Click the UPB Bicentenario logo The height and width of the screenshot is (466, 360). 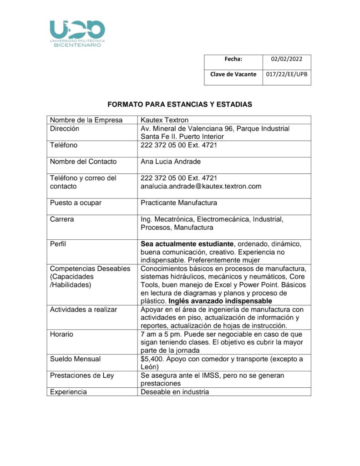pos(77,33)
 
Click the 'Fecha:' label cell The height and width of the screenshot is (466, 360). pos(233,59)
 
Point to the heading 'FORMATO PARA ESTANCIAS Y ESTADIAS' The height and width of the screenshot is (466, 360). pos(180,105)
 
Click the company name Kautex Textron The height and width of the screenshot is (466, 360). pos(165,120)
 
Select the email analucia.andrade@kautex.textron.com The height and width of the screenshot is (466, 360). pos(201,186)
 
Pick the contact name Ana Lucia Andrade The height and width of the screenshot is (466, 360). pos(171,162)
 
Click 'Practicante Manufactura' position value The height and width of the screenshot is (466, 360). pos(179,203)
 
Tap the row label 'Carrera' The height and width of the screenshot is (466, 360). pos(62,219)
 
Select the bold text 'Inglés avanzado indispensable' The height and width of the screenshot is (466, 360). pos(220,301)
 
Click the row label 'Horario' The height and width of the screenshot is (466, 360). pos(61,334)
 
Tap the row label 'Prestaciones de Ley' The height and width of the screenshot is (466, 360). pos(82,375)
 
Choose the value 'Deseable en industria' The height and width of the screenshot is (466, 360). pos(175,392)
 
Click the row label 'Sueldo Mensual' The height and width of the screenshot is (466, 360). pos(76,359)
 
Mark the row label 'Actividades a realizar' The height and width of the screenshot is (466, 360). pos(83,309)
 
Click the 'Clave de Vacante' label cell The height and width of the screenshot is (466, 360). pos(233,74)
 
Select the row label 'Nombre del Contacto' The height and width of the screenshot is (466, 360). pos(83,162)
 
